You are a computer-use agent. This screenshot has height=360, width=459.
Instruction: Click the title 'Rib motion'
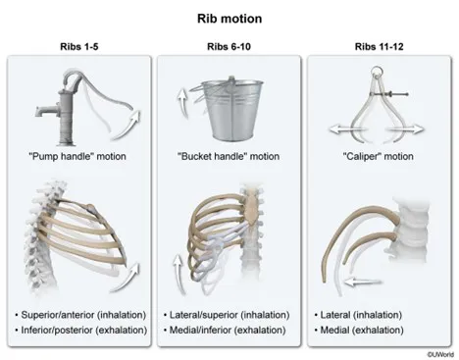pyautogui.click(x=229, y=17)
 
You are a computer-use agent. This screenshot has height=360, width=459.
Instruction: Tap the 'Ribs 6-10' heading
pyautogui.click(x=229, y=45)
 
